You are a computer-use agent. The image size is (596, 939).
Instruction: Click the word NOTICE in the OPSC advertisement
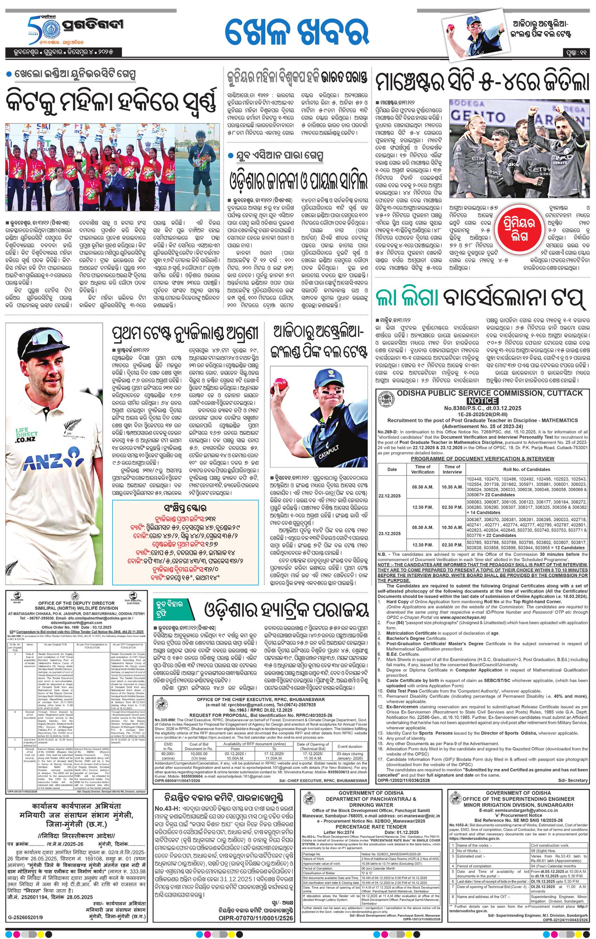(482, 401)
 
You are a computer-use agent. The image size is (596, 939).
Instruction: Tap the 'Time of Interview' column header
(452, 469)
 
